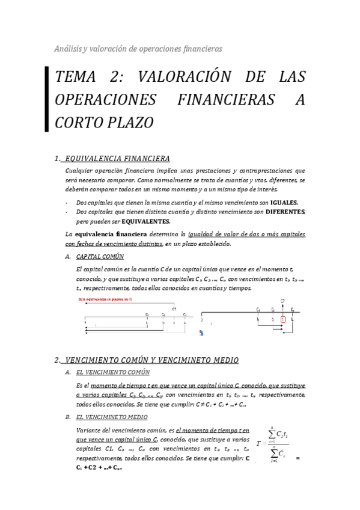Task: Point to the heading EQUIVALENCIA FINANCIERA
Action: click(x=117, y=159)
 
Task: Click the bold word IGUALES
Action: click(x=284, y=203)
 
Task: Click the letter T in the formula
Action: click(x=258, y=443)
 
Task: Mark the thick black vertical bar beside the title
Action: click(x=47, y=99)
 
